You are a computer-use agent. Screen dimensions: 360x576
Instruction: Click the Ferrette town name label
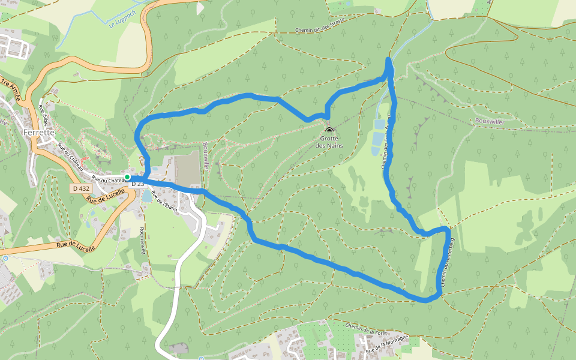38,132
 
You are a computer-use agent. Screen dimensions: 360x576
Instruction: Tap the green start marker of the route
127,177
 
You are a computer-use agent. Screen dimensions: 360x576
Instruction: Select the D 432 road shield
80,188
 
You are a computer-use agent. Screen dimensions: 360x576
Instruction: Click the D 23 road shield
137,184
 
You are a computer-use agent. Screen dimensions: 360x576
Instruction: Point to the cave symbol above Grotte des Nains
328,129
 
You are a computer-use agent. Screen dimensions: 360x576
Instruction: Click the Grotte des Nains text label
328,142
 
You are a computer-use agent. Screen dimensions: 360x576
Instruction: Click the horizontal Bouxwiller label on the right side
490,121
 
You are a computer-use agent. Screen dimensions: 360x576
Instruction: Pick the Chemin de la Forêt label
368,328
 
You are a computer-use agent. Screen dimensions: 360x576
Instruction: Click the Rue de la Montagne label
388,343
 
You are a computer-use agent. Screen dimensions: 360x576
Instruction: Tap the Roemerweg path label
143,240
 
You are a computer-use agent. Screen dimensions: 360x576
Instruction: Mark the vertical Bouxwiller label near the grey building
205,157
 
